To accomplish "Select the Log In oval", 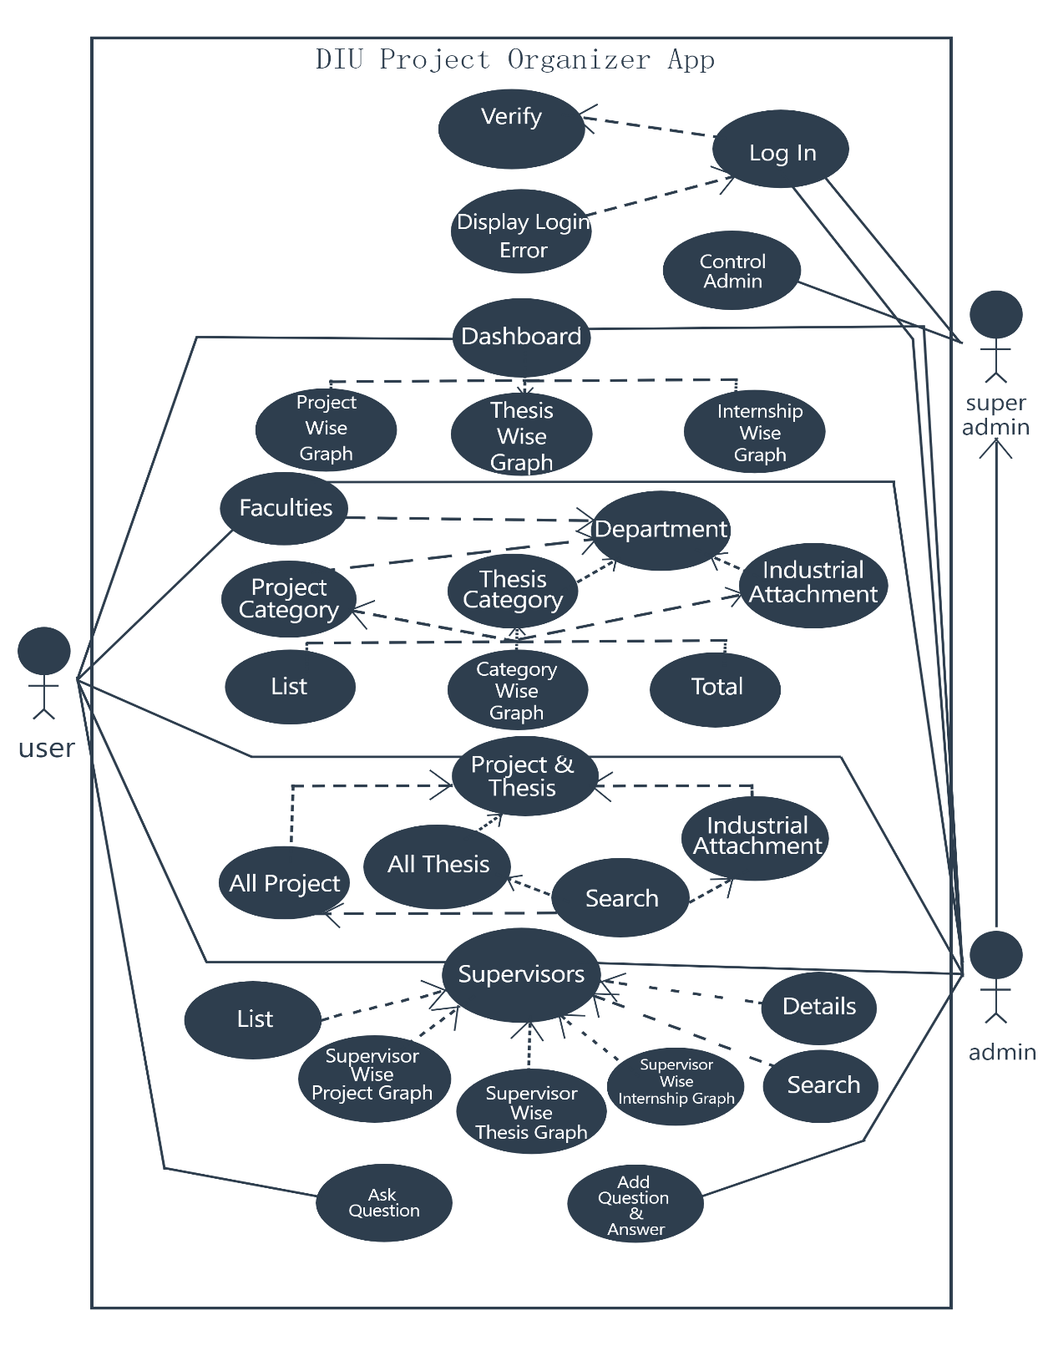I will click(x=781, y=150).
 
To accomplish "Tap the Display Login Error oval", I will click(x=522, y=231).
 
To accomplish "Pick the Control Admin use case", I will click(x=732, y=271).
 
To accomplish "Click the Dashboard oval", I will click(x=521, y=337).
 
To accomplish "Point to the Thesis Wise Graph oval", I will click(x=521, y=435).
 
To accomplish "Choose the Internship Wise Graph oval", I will click(x=755, y=432).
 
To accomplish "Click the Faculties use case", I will click(x=285, y=508).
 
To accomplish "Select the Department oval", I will click(x=661, y=530).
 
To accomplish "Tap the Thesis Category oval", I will click(x=513, y=591).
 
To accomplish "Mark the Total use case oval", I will click(x=716, y=688).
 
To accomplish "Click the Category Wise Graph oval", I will click(x=517, y=691).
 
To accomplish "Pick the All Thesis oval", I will click(x=438, y=866).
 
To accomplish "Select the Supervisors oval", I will click(x=521, y=974).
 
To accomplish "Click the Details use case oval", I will click(x=818, y=1007).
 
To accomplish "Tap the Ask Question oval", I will click(x=384, y=1203).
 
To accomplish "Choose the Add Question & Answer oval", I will click(x=635, y=1205).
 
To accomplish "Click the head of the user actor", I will click(x=44, y=651).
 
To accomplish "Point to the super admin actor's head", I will click(x=995, y=315).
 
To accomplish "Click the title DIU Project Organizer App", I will click(x=515, y=60).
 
